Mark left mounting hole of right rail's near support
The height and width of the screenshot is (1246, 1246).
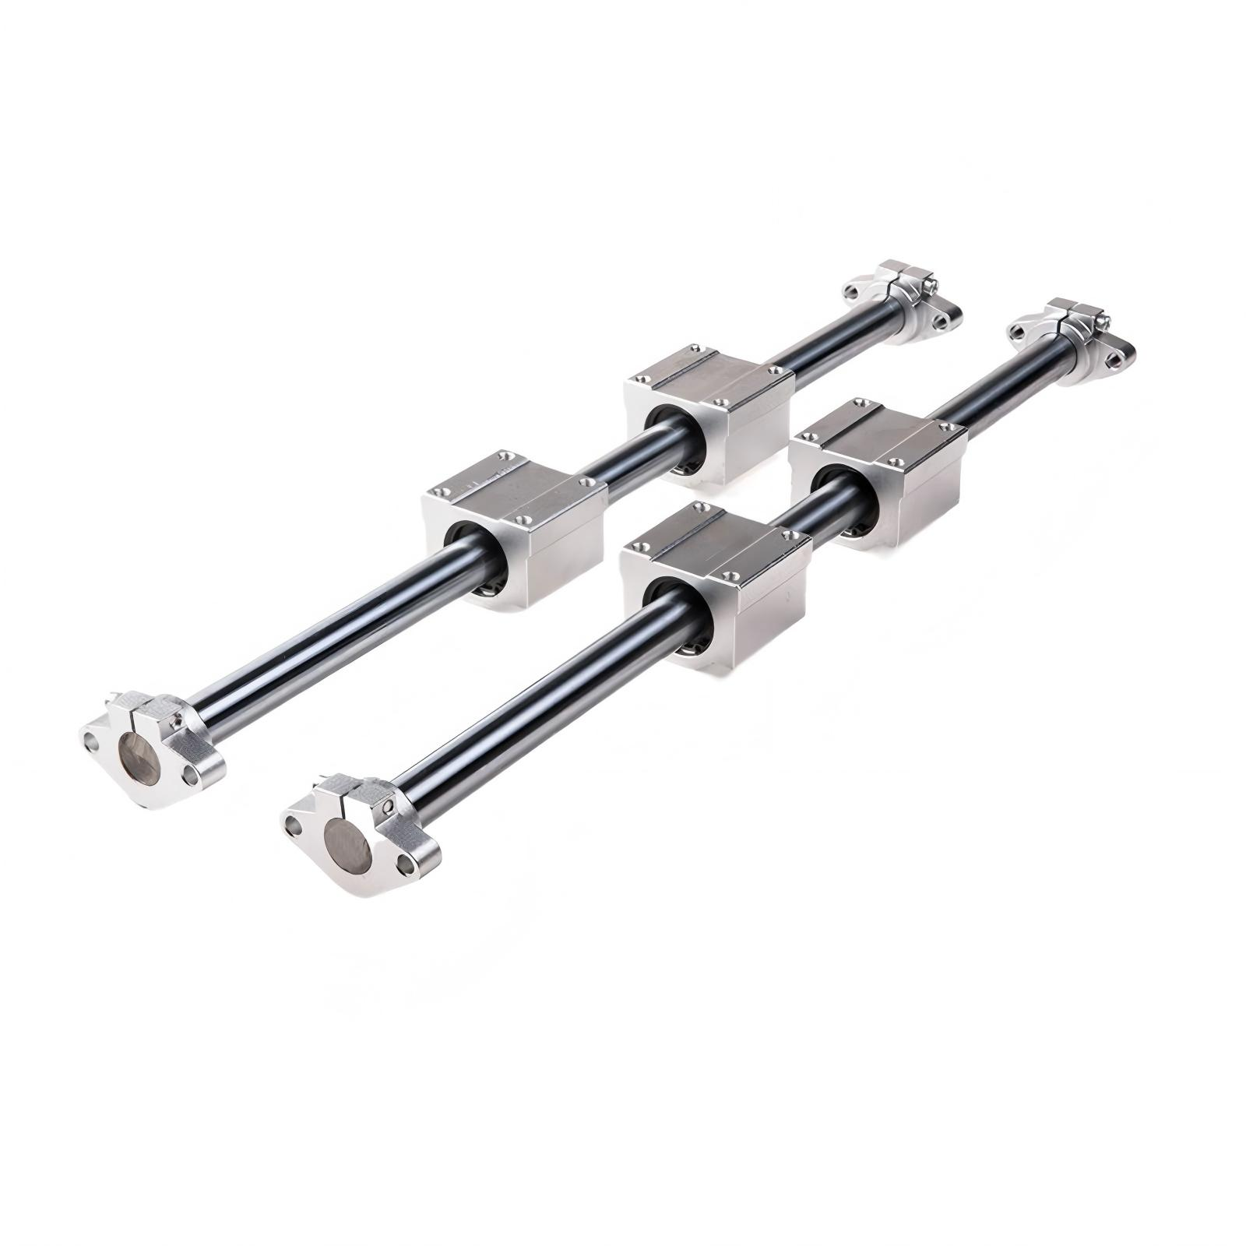294,824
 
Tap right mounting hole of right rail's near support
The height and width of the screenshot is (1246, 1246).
405,863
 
